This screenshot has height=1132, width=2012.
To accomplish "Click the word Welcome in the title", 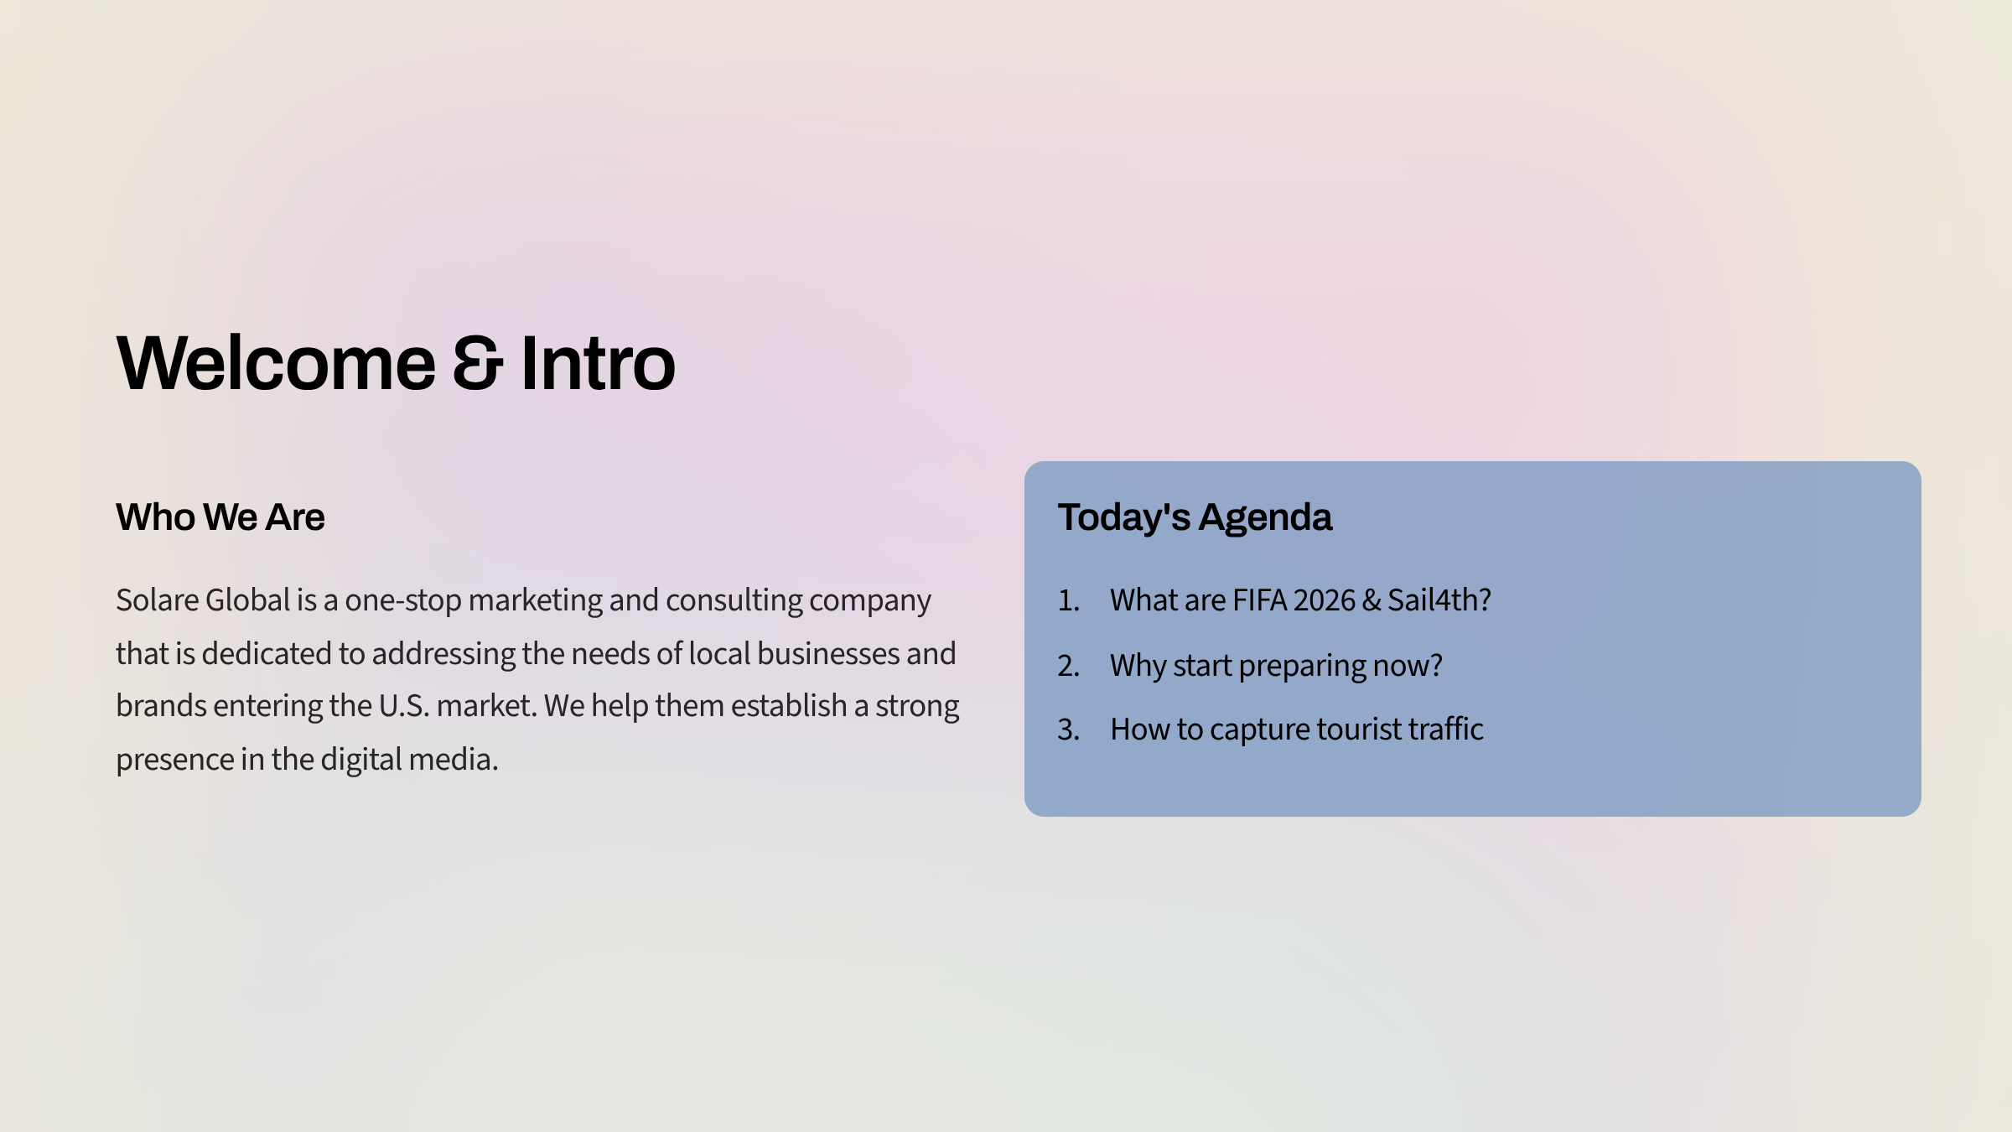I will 276,363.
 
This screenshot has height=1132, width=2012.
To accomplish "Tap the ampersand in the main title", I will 478,363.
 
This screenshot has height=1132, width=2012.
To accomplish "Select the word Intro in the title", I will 597,363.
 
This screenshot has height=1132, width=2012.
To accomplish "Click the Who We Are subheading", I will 220,517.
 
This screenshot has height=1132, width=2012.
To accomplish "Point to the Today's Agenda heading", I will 1194,517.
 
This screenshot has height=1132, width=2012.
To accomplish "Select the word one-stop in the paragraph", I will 402,600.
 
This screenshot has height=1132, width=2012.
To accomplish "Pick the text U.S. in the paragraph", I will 403,706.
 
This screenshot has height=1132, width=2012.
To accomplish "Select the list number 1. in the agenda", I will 1068,600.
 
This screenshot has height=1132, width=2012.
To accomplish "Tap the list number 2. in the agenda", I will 1068,666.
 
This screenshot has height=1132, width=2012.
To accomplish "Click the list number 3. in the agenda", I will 1068,730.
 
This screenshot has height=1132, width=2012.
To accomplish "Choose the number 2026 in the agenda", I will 1324,600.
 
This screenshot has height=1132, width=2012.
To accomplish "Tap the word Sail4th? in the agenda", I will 1439,600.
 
